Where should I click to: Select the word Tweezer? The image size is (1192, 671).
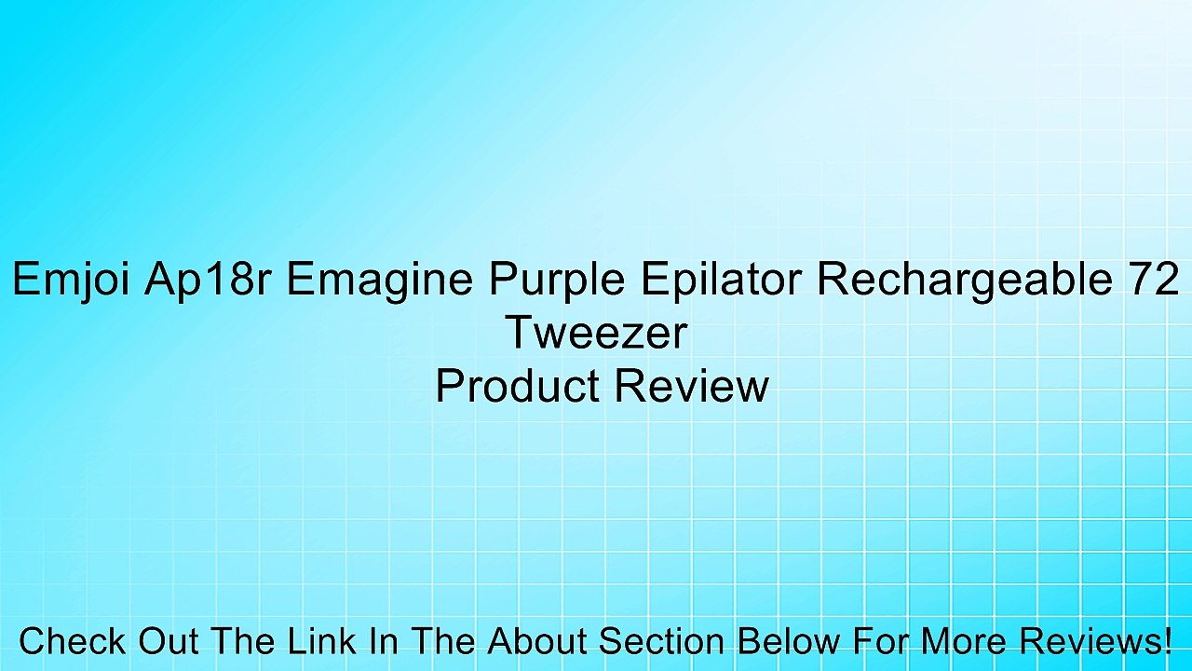click(x=597, y=333)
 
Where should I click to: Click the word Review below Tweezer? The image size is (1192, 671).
click(x=692, y=386)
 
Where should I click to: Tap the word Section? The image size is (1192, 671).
click(x=661, y=640)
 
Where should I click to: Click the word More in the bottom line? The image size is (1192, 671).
click(x=964, y=640)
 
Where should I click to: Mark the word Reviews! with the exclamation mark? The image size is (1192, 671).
click(x=1096, y=640)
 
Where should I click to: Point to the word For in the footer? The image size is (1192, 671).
click(x=881, y=640)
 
